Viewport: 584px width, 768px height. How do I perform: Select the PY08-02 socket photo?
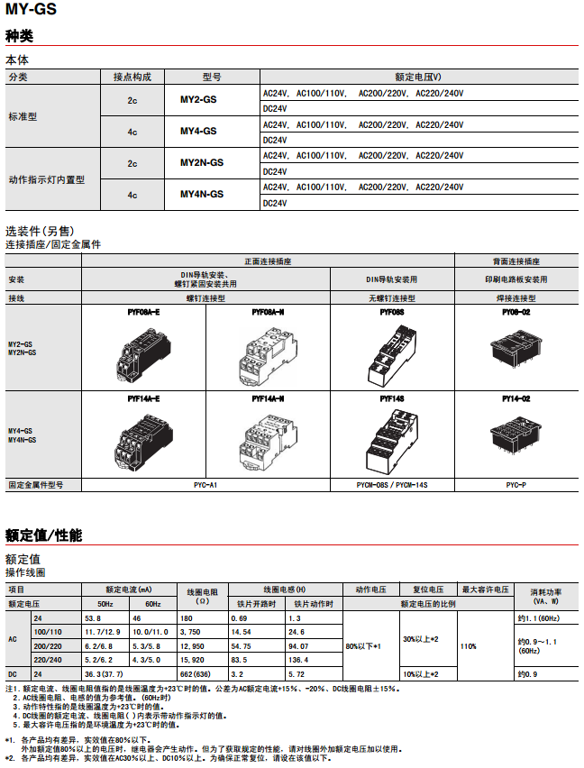(x=516, y=347)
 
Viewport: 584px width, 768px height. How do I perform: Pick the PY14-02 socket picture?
(x=516, y=434)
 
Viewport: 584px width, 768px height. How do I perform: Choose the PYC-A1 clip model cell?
(x=205, y=485)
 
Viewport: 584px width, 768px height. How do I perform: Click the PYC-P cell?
(x=516, y=485)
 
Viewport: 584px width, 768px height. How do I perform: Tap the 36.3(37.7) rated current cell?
(x=104, y=674)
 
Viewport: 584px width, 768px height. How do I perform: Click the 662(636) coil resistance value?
(x=197, y=674)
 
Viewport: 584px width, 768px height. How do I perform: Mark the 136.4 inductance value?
(x=297, y=660)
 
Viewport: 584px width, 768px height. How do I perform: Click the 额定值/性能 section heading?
(x=43, y=535)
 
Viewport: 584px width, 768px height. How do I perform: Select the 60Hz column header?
(x=153, y=603)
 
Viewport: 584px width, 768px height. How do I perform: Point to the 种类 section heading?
(x=19, y=36)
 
